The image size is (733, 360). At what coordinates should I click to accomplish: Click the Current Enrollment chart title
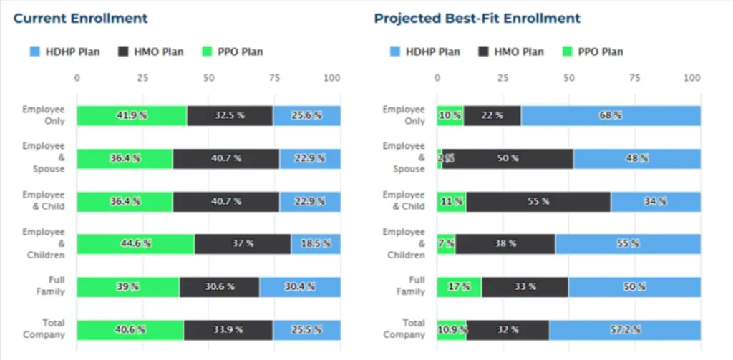80,19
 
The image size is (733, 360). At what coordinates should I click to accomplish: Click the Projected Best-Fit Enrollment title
477,19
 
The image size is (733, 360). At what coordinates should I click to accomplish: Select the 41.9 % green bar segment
132,115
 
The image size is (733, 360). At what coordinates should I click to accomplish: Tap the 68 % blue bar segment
611,115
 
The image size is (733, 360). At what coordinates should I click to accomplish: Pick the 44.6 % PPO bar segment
135,244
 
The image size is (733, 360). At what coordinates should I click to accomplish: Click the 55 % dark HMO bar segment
538,202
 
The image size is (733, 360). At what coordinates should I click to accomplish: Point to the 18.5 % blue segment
316,244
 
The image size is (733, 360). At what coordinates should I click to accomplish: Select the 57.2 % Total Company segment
625,330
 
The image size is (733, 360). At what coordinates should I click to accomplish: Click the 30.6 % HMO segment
219,287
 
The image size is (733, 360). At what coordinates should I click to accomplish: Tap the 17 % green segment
459,287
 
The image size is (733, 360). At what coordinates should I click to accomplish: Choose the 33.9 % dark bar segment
228,330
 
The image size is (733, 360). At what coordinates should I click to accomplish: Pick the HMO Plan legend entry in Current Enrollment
150,52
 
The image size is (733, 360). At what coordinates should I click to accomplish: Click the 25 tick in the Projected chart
503,77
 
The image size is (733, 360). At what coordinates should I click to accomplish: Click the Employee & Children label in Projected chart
406,243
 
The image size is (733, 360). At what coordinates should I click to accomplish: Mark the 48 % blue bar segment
636,159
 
